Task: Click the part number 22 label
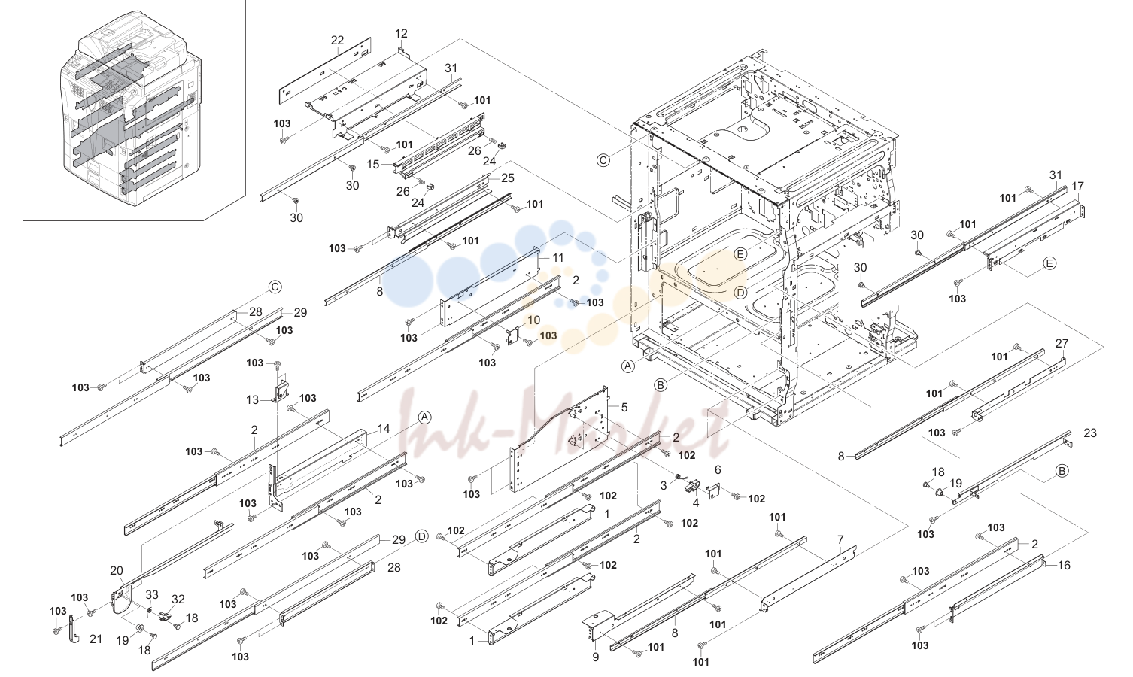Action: point(337,40)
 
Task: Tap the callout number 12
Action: point(401,33)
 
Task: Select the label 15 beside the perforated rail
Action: point(373,164)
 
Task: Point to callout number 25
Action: point(507,178)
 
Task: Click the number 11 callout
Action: point(557,257)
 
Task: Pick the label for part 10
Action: point(533,320)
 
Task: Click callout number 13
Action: point(252,400)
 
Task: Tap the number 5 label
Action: point(624,407)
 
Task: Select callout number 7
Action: point(840,539)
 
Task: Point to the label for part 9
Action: point(595,657)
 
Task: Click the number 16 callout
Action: point(1064,565)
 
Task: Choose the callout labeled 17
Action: point(1077,186)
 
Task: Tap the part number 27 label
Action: point(1062,343)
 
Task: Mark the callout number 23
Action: point(1090,433)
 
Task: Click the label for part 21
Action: point(96,639)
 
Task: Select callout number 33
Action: point(152,594)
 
